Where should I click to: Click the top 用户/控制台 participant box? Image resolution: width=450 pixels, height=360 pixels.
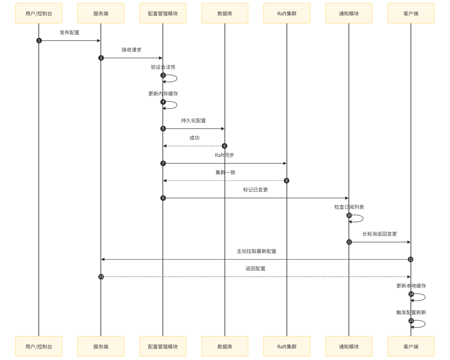pos(39,13)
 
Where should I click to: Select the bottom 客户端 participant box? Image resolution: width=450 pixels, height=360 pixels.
pos(411,346)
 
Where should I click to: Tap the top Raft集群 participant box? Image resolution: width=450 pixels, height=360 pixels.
pos(287,13)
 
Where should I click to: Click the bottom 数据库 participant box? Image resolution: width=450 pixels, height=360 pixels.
pos(225,346)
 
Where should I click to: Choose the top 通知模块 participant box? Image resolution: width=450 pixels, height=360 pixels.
pos(349,13)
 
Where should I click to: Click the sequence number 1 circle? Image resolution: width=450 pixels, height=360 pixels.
pos(39,41)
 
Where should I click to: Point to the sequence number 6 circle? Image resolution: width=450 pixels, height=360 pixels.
pos(224,146)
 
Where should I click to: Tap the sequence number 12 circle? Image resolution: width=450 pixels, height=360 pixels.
pos(411,259)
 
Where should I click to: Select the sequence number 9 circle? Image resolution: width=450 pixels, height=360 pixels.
pos(163,198)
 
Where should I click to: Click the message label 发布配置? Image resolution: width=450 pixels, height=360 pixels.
pos(70,33)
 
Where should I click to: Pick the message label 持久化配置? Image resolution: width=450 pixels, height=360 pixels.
pos(193,121)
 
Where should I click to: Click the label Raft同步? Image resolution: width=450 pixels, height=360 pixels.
pos(224,155)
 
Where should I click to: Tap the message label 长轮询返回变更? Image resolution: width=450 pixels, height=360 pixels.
pos(379,234)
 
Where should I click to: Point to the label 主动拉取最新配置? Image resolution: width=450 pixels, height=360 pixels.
pos(256,251)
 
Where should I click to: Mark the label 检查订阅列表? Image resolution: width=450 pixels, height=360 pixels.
pos(349,207)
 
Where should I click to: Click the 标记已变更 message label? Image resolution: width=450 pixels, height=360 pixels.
pos(255,190)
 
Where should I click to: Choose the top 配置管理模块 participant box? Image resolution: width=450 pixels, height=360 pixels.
pos(163,13)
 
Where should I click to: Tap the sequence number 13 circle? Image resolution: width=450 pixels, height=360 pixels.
pos(101,277)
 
